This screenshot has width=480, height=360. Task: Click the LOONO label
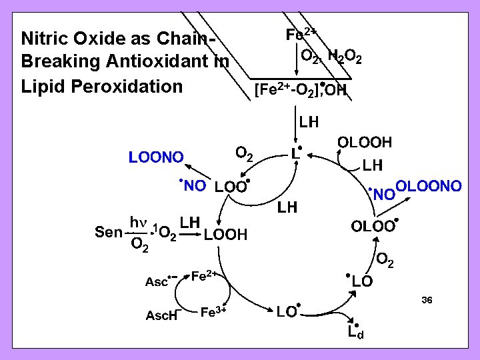coord(156,158)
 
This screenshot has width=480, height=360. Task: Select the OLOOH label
coord(365,143)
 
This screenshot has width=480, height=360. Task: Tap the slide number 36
coord(427,301)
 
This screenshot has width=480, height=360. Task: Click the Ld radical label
coord(355,331)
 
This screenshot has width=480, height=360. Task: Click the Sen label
coord(108,232)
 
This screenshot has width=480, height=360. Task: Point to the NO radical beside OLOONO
coord(382,194)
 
